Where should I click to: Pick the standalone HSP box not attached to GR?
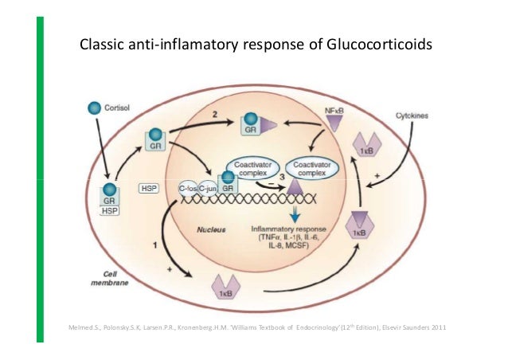click(x=149, y=189)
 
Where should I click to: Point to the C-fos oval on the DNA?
click(x=188, y=189)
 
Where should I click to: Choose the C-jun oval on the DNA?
click(x=209, y=189)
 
